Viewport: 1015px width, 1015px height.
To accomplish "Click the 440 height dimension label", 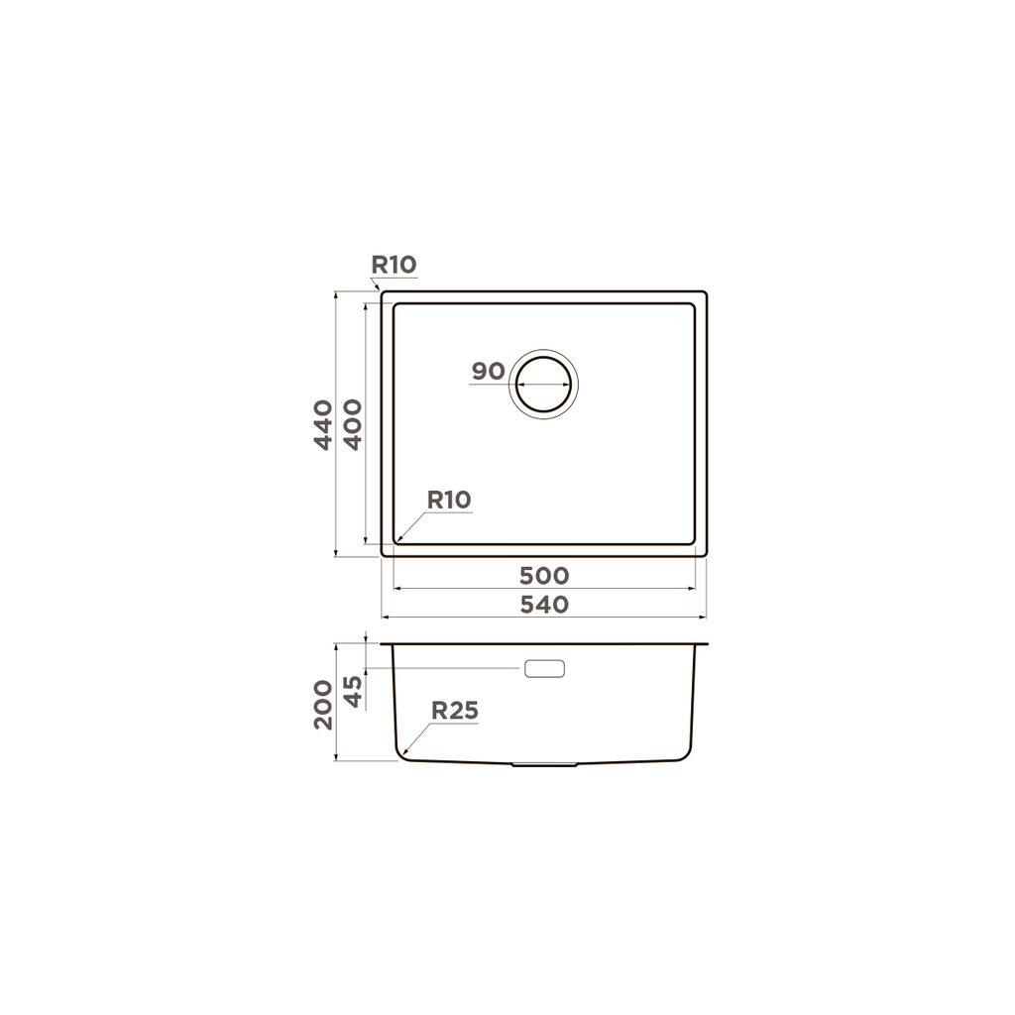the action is click(x=323, y=424).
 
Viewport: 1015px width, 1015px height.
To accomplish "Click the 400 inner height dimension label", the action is click(x=353, y=424).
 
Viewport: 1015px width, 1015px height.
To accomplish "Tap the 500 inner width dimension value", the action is click(x=544, y=575).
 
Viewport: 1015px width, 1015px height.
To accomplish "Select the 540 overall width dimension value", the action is click(x=544, y=604).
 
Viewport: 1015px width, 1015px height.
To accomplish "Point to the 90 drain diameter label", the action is click(x=488, y=371).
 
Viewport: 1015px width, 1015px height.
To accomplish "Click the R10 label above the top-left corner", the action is click(x=394, y=264).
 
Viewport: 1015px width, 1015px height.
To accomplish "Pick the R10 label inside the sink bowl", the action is click(x=449, y=500).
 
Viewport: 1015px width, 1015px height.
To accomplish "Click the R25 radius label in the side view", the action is click(x=454, y=710).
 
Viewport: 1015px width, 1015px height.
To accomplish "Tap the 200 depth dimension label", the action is click(x=323, y=705).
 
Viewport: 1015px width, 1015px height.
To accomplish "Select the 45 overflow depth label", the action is click(x=353, y=691).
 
